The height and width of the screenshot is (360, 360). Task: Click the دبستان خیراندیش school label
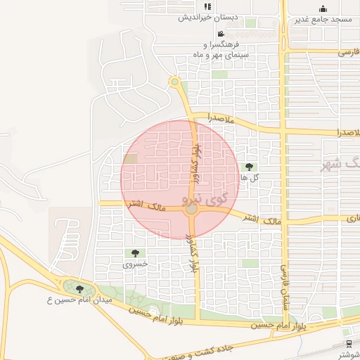(x=207, y=18)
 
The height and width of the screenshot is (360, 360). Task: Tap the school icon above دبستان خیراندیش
(x=207, y=7)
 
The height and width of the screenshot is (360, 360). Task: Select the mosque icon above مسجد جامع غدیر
(x=323, y=8)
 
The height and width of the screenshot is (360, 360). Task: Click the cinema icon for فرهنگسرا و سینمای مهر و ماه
(x=220, y=34)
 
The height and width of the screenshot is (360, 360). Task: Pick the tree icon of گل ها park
(x=249, y=167)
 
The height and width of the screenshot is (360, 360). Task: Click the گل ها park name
(x=250, y=178)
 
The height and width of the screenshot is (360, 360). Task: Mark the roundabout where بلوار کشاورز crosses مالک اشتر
(x=191, y=209)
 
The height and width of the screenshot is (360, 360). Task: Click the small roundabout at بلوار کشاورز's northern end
(x=174, y=83)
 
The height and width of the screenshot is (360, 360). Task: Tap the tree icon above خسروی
(x=135, y=253)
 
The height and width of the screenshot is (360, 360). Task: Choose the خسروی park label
(x=135, y=264)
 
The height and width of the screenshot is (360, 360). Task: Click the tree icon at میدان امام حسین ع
(x=79, y=288)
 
